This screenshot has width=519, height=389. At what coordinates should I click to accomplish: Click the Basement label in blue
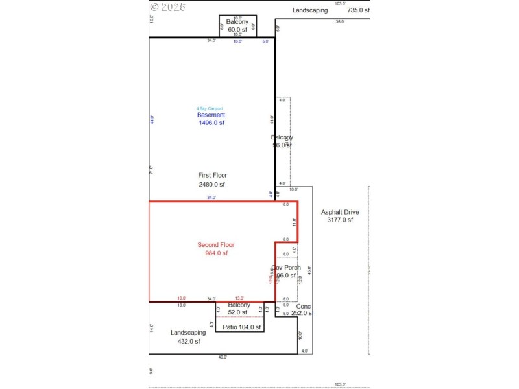211,115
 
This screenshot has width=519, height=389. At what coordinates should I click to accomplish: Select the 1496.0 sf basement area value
211,123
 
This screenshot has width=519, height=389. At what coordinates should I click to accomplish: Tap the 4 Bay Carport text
211,108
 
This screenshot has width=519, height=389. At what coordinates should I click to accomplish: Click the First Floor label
212,175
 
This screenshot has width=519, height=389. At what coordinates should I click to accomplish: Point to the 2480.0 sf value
212,185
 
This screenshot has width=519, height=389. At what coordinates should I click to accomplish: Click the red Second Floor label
215,245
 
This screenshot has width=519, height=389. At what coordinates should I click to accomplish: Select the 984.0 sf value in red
215,253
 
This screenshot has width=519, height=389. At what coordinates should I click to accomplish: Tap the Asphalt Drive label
341,212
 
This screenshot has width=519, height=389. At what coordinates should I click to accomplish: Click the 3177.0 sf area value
341,220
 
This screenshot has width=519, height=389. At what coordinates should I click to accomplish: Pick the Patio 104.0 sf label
241,328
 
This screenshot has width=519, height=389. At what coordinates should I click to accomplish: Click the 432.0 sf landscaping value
188,342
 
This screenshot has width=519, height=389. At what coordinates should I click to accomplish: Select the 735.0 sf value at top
358,10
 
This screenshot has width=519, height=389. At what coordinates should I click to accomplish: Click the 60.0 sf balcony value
237,29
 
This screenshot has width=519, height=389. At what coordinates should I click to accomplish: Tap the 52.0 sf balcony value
239,312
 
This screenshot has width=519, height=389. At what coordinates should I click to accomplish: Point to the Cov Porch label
285,268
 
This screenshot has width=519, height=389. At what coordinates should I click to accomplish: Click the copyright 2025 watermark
167,7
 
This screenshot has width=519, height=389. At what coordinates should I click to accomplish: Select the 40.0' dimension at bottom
223,357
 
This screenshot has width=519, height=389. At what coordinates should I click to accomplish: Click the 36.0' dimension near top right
339,21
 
